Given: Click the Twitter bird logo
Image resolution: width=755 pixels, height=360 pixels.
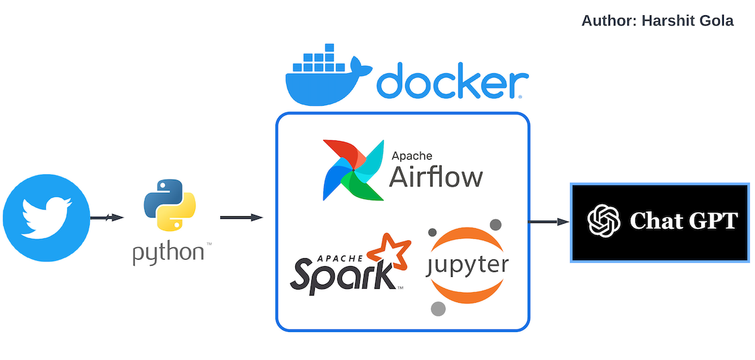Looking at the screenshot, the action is (46, 218).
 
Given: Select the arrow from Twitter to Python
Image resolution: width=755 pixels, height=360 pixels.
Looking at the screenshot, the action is (107, 218).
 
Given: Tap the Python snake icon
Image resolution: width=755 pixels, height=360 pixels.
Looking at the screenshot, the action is (170, 205).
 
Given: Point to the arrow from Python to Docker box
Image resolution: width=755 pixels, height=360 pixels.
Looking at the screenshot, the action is (241, 218).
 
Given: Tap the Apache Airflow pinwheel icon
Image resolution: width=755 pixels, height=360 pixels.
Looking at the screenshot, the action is (353, 170).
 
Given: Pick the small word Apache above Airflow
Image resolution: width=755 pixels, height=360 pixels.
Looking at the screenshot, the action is (412, 156).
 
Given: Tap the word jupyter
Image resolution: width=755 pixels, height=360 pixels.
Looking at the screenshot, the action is (467, 266).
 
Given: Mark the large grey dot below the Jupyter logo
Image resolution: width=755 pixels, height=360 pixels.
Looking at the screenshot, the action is (438, 309).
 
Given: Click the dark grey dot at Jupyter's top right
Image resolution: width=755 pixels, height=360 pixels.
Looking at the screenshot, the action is (496, 224).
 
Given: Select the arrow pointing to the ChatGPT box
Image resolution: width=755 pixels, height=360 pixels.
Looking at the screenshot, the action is (549, 222).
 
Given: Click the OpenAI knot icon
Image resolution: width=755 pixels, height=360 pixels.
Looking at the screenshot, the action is (603, 221).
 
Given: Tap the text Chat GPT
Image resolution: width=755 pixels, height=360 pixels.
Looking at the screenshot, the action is (684, 221).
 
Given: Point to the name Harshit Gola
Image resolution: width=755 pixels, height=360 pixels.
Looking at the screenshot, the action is (688, 21).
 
